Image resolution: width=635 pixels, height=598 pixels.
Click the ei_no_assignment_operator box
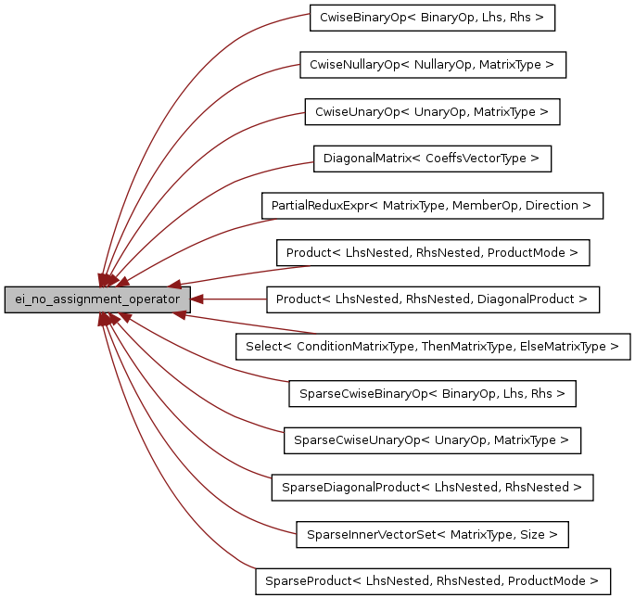click(97, 299)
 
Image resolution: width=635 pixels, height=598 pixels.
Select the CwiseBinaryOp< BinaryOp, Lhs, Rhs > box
click(432, 18)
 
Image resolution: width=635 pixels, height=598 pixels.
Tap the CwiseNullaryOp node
click(432, 65)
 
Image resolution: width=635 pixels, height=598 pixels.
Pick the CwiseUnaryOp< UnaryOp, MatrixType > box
click(432, 112)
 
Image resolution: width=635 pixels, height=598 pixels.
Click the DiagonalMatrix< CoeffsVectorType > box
click(432, 159)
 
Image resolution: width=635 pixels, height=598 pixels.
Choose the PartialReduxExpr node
click(432, 206)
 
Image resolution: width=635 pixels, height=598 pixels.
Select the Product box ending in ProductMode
click(432, 252)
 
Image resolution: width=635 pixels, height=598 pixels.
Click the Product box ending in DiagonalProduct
click(432, 299)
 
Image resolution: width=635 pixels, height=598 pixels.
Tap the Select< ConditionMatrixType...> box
click(432, 347)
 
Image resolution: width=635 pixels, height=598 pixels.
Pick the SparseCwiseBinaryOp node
click(432, 393)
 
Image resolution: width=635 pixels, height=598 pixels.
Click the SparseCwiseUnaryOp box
click(432, 440)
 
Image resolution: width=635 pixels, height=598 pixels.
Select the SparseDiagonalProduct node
click(432, 487)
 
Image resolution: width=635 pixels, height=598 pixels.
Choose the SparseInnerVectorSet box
click(432, 534)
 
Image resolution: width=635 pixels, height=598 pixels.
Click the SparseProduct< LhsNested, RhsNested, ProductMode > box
click(432, 581)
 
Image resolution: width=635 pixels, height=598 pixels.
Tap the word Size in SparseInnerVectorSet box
click(536, 534)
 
